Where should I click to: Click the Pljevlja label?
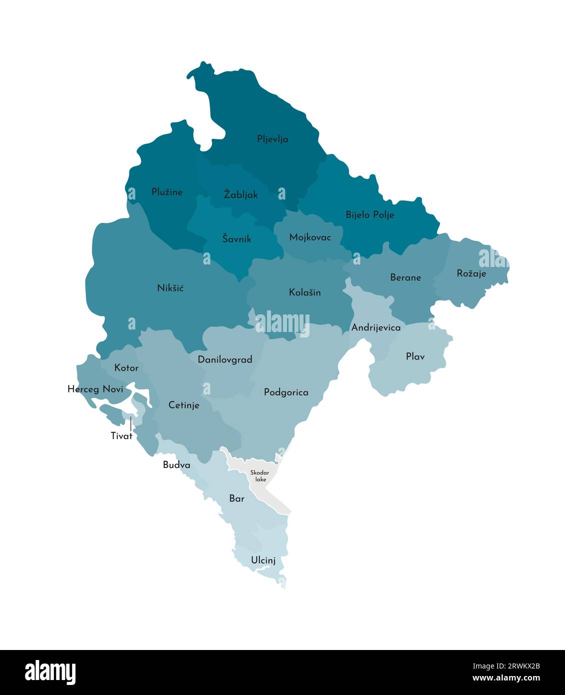(x=272, y=139)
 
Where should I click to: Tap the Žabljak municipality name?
(x=240, y=194)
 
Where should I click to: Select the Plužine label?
(x=167, y=192)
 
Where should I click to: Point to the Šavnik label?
(x=236, y=238)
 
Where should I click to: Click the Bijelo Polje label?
(x=369, y=214)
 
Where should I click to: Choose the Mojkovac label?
(x=310, y=237)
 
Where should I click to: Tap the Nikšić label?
(x=170, y=288)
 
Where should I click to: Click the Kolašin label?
(x=304, y=292)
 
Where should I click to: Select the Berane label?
(x=405, y=277)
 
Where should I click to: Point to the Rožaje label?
(x=471, y=273)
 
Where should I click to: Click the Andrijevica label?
(x=376, y=328)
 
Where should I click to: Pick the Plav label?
(x=415, y=356)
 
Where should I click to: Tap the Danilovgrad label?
(x=224, y=359)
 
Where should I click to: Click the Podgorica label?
(x=286, y=392)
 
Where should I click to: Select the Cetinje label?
(x=183, y=405)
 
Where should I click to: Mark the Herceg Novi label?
(x=95, y=389)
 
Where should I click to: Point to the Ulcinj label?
(x=263, y=560)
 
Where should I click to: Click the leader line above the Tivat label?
(x=130, y=424)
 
